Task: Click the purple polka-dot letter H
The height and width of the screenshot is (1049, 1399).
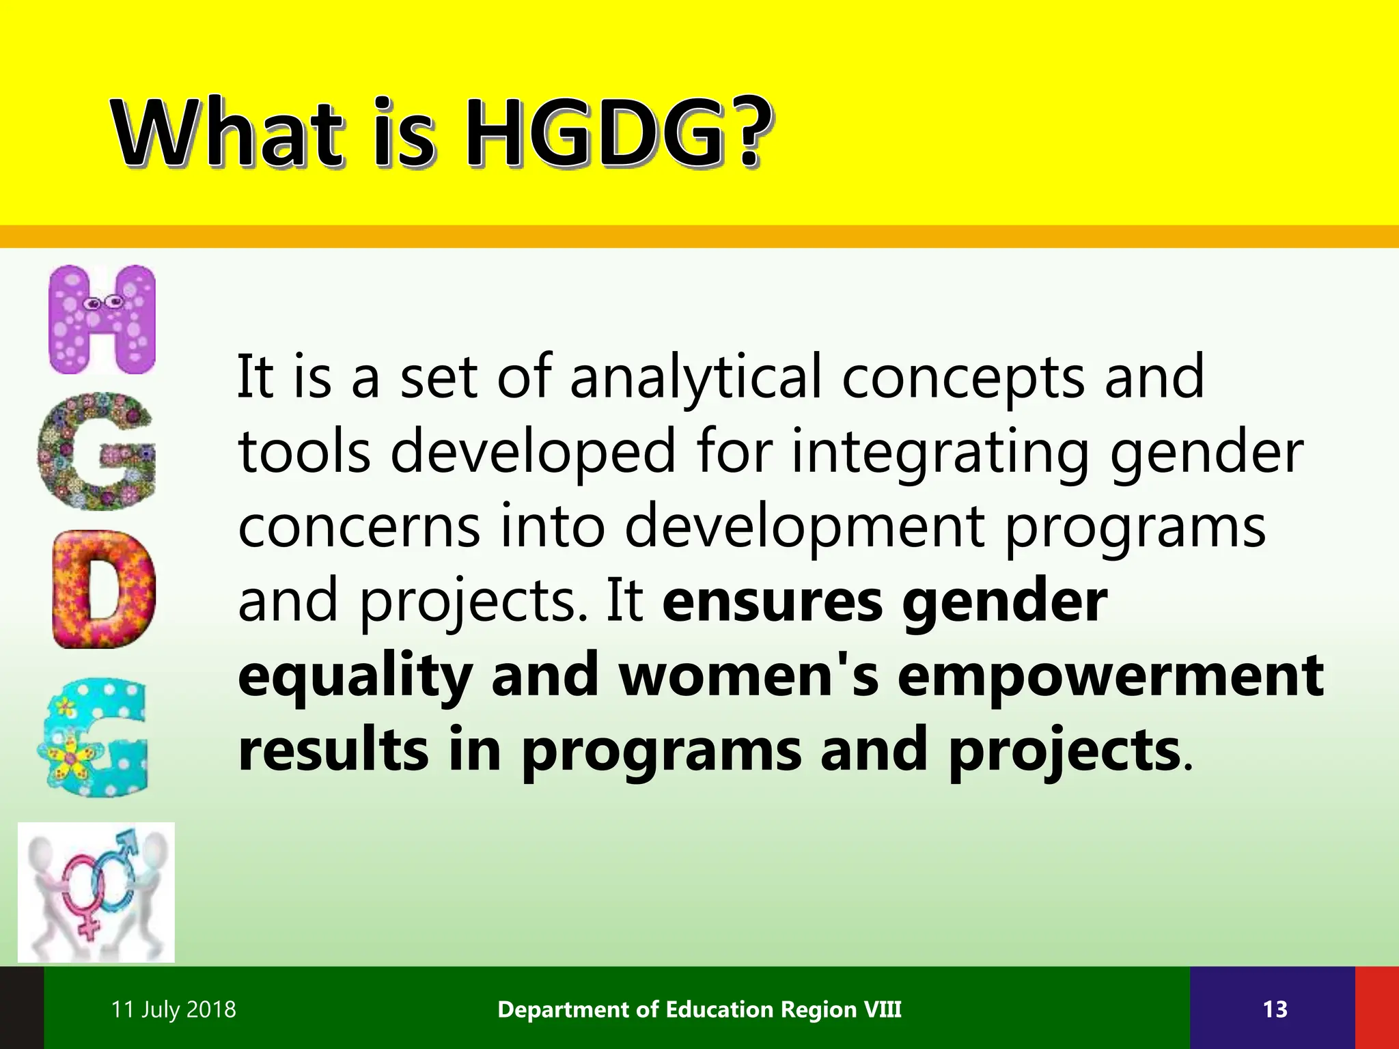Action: [x=102, y=319]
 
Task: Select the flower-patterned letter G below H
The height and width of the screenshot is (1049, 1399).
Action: [x=96, y=451]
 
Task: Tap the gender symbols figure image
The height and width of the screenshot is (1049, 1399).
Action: [x=96, y=892]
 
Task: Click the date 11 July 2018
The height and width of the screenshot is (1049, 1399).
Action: [x=174, y=1009]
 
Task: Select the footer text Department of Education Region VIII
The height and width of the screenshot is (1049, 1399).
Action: [x=699, y=1009]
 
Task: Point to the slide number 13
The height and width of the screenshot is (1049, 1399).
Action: [x=1275, y=1009]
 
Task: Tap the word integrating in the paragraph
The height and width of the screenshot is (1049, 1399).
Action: [x=940, y=453]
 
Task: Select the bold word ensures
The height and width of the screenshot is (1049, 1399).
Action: [x=773, y=601]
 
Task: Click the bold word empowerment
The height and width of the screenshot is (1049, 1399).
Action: [x=1111, y=675]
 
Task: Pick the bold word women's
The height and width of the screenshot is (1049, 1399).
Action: [x=749, y=675]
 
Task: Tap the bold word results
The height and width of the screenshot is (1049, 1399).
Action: [x=333, y=750]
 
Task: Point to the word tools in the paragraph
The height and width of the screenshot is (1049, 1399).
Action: [x=305, y=451]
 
